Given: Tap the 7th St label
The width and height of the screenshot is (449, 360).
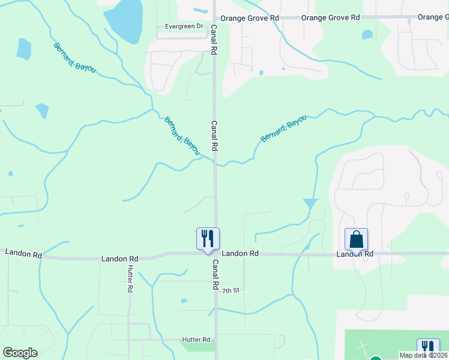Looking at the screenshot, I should point(231,290).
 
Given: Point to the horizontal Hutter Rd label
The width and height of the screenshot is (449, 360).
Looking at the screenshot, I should point(196,340).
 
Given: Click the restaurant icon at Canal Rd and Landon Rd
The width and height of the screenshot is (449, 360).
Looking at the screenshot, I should point(208,238).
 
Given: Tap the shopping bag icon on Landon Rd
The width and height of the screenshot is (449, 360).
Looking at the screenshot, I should point(356,239).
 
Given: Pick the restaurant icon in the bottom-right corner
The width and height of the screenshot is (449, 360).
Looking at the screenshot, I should point(428,349).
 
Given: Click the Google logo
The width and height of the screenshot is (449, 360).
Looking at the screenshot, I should point(20,353).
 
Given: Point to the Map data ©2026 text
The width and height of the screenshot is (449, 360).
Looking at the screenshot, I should point(423,355).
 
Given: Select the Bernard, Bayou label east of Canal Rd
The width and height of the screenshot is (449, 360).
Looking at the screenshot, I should point(283,129).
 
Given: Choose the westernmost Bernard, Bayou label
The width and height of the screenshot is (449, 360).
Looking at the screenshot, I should point(74,58).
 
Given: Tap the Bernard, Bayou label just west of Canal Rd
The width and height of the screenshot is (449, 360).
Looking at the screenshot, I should point(182,136).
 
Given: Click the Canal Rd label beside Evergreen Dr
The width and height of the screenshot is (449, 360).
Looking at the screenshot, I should point(213,40).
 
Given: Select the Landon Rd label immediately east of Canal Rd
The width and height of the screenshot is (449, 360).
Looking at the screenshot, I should point(240,254).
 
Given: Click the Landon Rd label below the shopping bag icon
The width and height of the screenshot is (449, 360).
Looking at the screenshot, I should point(355,254).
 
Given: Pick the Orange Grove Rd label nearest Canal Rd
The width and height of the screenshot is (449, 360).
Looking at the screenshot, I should point(249,19).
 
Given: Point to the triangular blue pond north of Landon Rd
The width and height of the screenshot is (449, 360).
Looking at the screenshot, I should point(311,204).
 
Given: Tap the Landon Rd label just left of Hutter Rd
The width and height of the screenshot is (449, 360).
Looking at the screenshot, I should point(120,259).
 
